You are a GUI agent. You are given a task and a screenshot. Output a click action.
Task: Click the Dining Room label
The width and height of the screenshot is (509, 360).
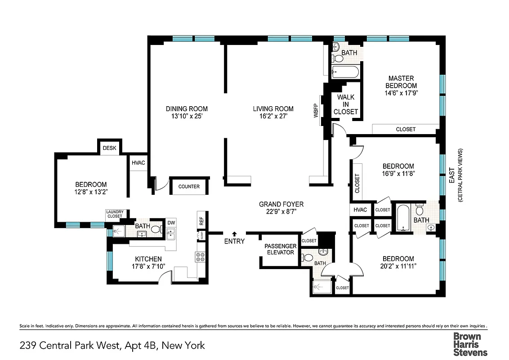(x=187, y=108)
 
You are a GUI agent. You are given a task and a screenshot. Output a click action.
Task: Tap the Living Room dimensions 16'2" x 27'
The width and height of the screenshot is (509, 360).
(x=273, y=116)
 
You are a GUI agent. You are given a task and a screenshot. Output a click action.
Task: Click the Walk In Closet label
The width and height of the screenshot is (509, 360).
(x=346, y=104)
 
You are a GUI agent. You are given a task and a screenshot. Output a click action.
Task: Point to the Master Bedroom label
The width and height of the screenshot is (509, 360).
(x=401, y=82)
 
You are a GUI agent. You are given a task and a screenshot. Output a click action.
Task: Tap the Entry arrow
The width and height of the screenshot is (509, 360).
(x=234, y=234)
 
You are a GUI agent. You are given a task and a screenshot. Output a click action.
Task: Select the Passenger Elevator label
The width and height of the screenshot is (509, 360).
(x=280, y=249)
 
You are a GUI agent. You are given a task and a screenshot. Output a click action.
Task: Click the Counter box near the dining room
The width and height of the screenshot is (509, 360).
(x=189, y=187)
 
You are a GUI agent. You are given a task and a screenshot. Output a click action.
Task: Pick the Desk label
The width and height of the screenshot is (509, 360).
(x=109, y=148)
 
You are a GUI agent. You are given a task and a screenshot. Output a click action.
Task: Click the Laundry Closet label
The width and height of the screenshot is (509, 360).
(x=114, y=214)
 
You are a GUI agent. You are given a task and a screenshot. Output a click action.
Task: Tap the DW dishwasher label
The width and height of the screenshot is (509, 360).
(x=171, y=223)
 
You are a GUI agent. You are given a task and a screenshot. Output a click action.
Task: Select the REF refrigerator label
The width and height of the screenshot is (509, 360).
(x=201, y=221)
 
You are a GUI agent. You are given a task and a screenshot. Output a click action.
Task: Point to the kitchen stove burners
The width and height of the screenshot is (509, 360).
(x=200, y=257)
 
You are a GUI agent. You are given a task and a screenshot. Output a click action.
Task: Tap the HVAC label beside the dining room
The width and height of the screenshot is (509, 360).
(x=138, y=163)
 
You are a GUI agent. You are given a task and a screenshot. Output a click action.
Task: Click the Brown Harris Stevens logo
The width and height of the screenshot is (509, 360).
(x=469, y=344)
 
